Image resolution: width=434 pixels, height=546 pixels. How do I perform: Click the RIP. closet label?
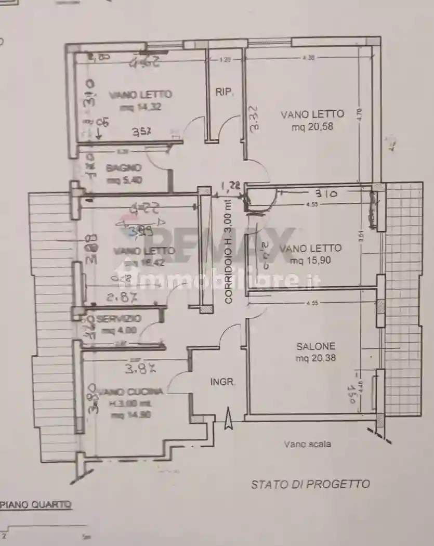(225, 92)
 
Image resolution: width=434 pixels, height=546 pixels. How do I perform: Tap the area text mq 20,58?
(312, 126)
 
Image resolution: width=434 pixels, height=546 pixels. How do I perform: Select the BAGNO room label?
(123, 168)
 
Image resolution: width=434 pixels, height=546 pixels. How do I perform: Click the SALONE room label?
(315, 346)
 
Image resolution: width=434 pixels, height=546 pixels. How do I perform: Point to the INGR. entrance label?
(222, 382)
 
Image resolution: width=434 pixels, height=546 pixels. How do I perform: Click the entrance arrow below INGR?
(228, 419)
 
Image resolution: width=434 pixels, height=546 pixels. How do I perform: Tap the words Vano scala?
(307, 444)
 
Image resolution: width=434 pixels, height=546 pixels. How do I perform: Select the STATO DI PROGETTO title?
(310, 484)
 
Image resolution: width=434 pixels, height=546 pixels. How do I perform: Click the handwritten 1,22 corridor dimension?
(230, 186)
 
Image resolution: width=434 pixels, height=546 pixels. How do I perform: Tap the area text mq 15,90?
(311, 261)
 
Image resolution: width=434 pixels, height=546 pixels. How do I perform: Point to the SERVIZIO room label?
(119, 318)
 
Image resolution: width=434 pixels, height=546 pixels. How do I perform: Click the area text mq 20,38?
(315, 358)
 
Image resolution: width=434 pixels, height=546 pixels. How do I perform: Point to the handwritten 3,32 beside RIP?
(255, 120)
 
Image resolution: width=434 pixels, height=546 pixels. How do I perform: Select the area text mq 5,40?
(123, 180)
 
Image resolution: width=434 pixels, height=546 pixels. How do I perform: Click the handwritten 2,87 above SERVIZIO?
(121, 297)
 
